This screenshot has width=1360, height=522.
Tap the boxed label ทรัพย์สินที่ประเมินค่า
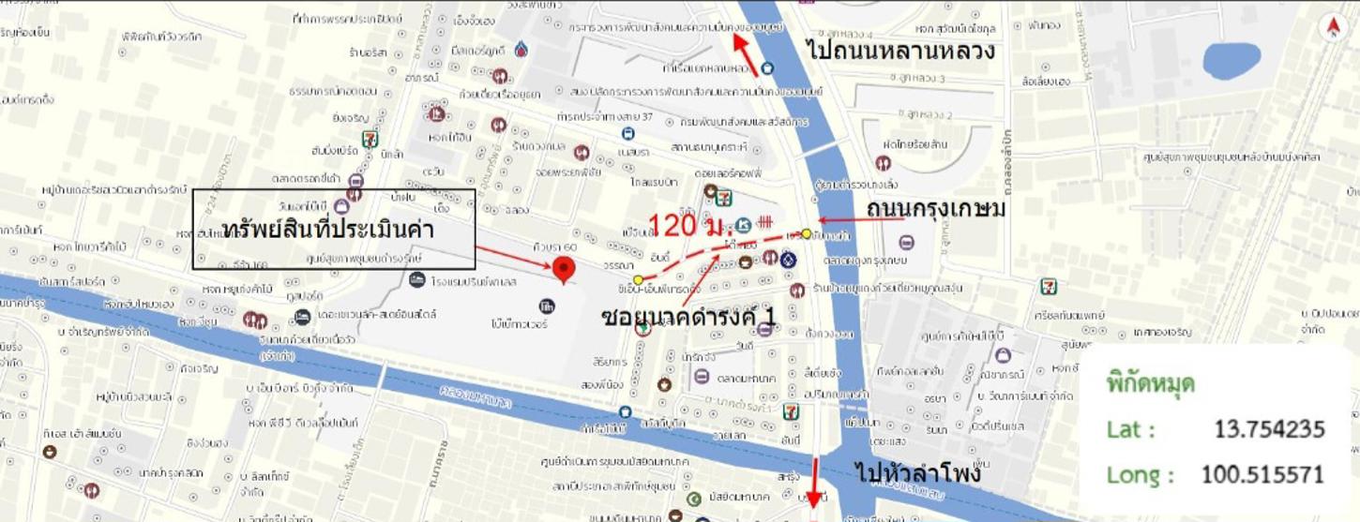[333, 230]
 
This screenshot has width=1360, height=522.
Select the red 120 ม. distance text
[687, 225]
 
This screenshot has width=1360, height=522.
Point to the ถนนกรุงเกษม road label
[936, 208]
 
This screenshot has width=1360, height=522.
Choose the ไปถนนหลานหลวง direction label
[900, 49]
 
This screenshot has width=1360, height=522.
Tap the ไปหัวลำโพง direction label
[918, 472]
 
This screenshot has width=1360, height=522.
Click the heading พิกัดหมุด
[1150, 384]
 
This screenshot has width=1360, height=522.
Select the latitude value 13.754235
[1269, 429]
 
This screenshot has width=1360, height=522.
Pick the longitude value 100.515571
[1262, 475]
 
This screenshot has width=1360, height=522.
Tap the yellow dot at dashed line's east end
[806, 234]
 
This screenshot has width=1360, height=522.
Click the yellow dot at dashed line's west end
[638, 279]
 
